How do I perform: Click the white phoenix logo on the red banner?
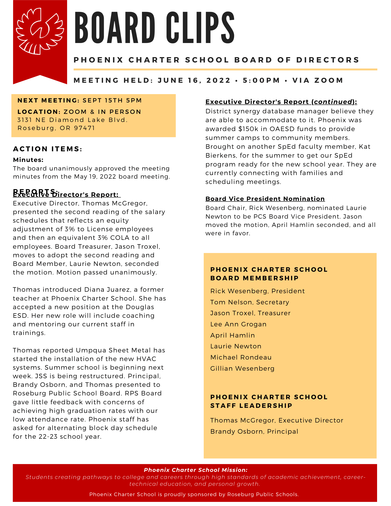(40, 31)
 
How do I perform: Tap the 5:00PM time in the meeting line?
(261, 80)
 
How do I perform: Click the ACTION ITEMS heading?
(48, 149)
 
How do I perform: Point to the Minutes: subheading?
(28, 160)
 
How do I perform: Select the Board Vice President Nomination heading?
(265, 199)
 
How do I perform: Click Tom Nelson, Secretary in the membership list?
(250, 302)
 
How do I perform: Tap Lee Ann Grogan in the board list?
(238, 324)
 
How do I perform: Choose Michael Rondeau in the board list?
(241, 357)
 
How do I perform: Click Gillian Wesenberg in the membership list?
(242, 368)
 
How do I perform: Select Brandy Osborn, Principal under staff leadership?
(254, 431)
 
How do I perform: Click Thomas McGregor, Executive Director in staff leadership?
(277, 420)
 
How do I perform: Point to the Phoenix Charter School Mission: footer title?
(196, 470)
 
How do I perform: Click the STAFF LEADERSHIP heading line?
(251, 406)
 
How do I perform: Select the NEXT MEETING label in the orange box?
(48, 100)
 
